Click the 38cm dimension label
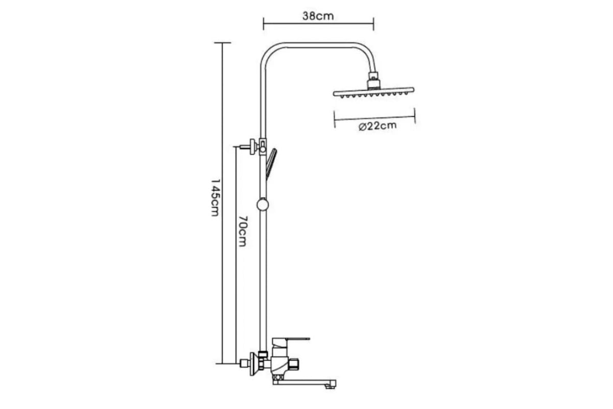click(x=318, y=16)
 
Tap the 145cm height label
click(x=216, y=197)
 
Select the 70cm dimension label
click(x=243, y=231)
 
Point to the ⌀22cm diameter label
click(x=378, y=126)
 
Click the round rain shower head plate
click(x=373, y=93)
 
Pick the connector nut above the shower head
click(x=374, y=80)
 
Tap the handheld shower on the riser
click(x=271, y=164)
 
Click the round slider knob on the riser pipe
click(x=263, y=205)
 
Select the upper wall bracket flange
click(x=252, y=147)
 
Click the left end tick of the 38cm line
click(x=263, y=24)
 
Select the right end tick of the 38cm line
click(x=373, y=24)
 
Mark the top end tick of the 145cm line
click(x=222, y=43)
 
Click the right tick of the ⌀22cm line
click(x=415, y=116)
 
